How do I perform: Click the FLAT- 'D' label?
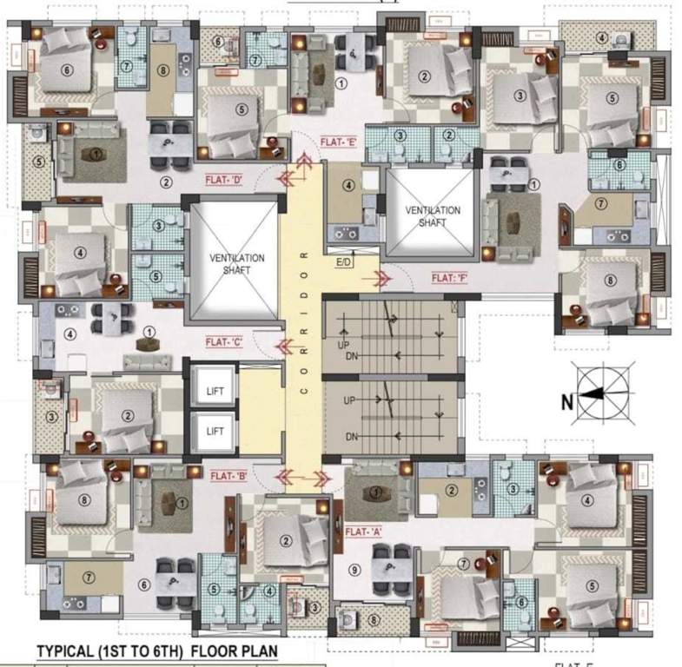(x=223, y=181)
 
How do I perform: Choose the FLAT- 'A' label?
(x=366, y=531)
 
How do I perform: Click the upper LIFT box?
(x=215, y=391)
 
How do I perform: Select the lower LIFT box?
(x=215, y=430)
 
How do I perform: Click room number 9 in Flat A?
(x=354, y=570)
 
